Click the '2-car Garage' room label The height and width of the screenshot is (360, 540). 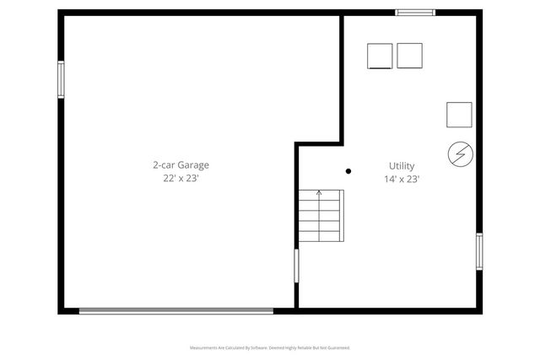tap(181, 165)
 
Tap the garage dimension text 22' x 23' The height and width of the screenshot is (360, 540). tap(181, 179)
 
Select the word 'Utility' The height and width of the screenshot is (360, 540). tap(402, 166)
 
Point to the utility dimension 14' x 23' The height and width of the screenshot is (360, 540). tap(402, 179)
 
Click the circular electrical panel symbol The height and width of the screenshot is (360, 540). tap(460, 153)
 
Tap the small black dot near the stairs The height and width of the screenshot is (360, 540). tap(348, 171)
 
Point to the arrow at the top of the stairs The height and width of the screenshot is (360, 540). tap(319, 193)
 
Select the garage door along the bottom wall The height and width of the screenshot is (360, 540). tap(175, 311)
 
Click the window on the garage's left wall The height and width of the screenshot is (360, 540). tap(61, 79)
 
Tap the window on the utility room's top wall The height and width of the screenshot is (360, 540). tap(415, 13)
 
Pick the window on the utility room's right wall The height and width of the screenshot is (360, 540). tap(478, 251)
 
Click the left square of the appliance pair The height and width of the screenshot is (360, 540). tap(380, 56)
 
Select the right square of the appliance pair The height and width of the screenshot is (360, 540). tap(409, 56)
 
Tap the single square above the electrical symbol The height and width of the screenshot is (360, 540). tap(459, 114)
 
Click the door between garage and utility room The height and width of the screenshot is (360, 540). tap(296, 265)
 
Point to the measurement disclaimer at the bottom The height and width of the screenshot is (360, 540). tap(269, 347)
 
